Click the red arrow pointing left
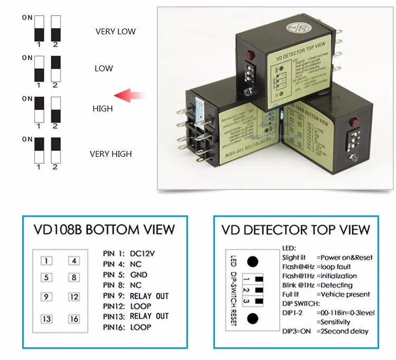click(130, 96)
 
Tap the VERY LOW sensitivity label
click(115, 32)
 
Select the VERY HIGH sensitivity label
click(110, 154)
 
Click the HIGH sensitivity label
click(102, 109)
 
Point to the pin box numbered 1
click(47, 260)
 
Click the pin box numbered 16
click(73, 319)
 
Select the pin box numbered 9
click(47, 297)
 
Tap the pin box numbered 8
click(73, 277)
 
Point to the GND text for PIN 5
click(139, 275)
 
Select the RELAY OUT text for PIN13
click(149, 316)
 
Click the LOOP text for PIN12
click(140, 306)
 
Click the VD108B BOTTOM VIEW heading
click(103, 230)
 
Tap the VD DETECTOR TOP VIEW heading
click(296, 230)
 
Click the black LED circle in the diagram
click(253, 261)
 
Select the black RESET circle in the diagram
click(253, 318)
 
